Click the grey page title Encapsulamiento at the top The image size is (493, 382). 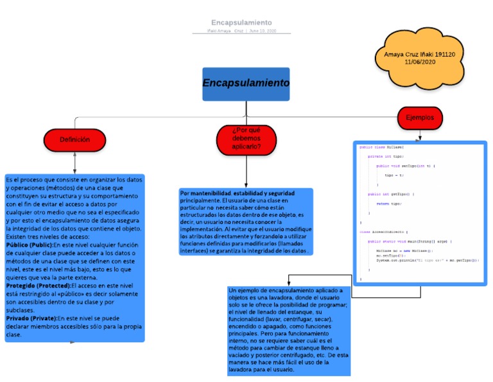[x=241, y=23]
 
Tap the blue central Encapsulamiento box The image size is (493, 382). [x=246, y=84]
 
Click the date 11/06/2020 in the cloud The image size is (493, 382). [x=420, y=62]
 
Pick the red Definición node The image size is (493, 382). [x=74, y=140]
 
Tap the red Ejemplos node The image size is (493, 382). [x=419, y=118]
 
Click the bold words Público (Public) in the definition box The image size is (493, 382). [x=29, y=244]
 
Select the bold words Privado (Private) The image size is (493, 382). [x=31, y=318]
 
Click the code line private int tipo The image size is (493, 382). [x=385, y=156]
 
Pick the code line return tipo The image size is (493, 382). [x=388, y=203]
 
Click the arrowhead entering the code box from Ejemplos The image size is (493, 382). [x=420, y=138]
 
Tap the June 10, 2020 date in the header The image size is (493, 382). [x=263, y=31]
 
